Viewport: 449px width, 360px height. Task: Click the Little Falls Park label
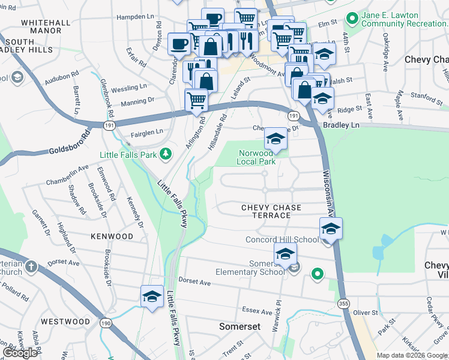[x=127, y=155]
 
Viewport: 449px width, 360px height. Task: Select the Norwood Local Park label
[x=256, y=157]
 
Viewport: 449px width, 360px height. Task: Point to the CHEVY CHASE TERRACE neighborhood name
[x=271, y=211]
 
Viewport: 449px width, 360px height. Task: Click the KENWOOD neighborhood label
[x=112, y=236]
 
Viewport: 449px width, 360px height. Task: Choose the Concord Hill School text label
[x=282, y=239]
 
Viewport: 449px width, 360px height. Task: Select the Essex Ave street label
[x=258, y=311]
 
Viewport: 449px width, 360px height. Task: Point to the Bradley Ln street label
[x=340, y=125]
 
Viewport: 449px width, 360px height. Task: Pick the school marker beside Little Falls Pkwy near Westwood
[x=152, y=296]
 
